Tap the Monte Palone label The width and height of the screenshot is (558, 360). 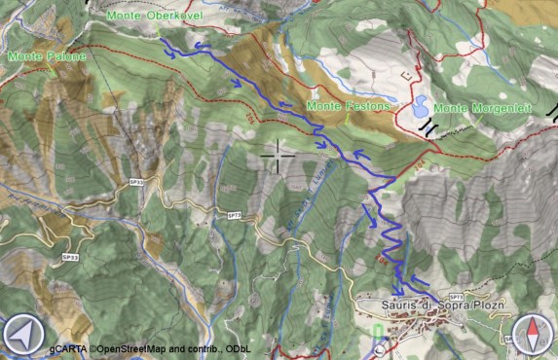(46, 56)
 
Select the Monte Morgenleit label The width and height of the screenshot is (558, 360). (482, 107)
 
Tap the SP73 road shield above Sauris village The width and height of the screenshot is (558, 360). (455, 297)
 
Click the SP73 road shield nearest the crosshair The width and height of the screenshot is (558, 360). (234, 215)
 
